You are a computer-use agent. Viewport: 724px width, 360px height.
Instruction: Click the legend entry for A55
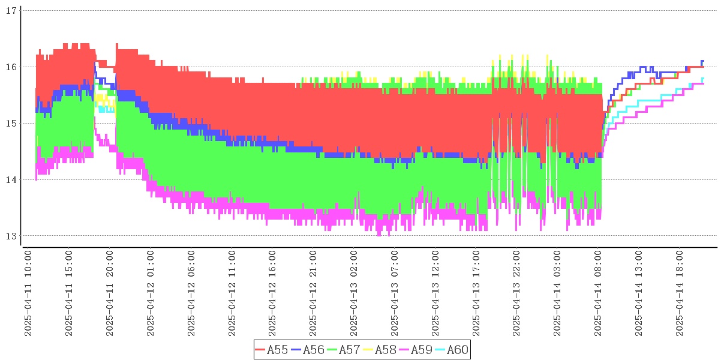click(x=272, y=350)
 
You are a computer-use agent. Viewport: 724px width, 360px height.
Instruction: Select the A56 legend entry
click(x=308, y=350)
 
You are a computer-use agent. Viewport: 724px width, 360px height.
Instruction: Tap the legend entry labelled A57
click(x=344, y=350)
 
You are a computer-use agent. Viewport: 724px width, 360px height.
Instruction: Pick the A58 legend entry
click(x=379, y=350)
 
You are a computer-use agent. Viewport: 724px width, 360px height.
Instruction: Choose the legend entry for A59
click(x=415, y=350)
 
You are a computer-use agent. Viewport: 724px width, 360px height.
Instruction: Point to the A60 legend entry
click(x=451, y=350)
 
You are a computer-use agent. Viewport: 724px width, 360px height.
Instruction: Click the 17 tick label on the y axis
click(x=10, y=11)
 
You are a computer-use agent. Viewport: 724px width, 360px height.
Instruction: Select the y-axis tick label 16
click(x=10, y=67)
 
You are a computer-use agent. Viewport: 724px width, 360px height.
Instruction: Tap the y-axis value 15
click(x=10, y=124)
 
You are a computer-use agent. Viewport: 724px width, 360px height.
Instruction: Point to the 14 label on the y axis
click(x=10, y=180)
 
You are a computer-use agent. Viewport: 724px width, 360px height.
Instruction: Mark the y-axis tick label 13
click(x=10, y=236)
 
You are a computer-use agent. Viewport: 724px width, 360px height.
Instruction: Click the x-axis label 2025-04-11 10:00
click(x=28, y=294)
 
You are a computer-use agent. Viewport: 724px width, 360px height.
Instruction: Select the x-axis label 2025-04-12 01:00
click(x=151, y=294)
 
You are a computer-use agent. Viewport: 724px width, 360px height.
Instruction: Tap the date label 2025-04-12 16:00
click(x=272, y=294)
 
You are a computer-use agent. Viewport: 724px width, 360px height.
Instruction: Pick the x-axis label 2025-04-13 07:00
click(x=395, y=294)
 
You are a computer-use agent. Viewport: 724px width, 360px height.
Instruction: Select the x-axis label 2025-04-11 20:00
click(x=110, y=294)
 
